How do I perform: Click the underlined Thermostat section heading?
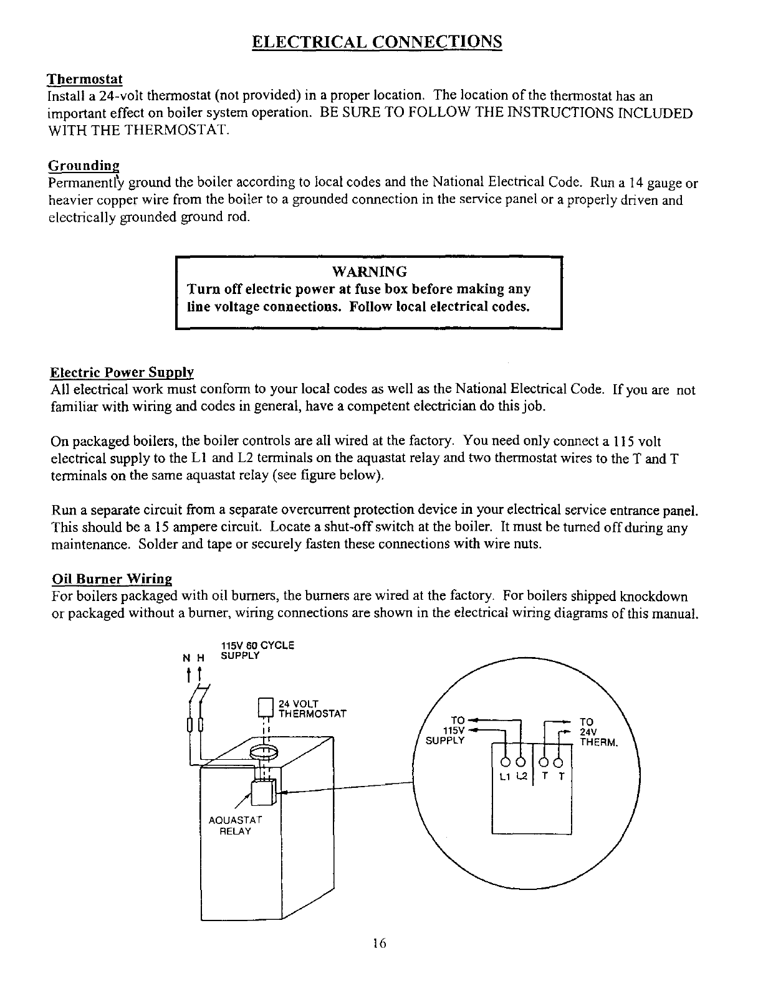pyautogui.click(x=85, y=80)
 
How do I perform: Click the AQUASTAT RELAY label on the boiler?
pyautogui.click(x=234, y=826)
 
